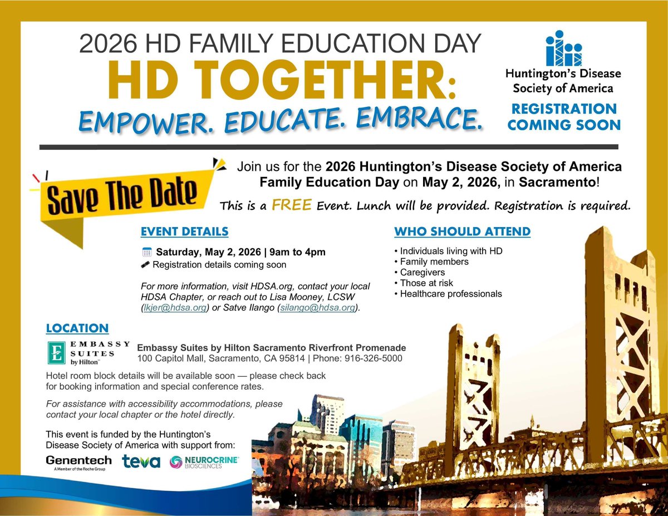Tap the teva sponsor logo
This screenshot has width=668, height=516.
pos(141,461)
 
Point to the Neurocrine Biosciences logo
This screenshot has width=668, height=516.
pos(205,462)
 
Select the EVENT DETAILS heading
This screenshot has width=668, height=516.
pos(184,232)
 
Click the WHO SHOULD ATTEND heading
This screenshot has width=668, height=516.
pos(462,232)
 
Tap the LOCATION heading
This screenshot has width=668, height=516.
pos(77,328)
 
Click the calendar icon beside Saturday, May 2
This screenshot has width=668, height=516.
pos(146,252)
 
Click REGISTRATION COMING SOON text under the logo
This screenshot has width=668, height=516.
pos(563,116)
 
